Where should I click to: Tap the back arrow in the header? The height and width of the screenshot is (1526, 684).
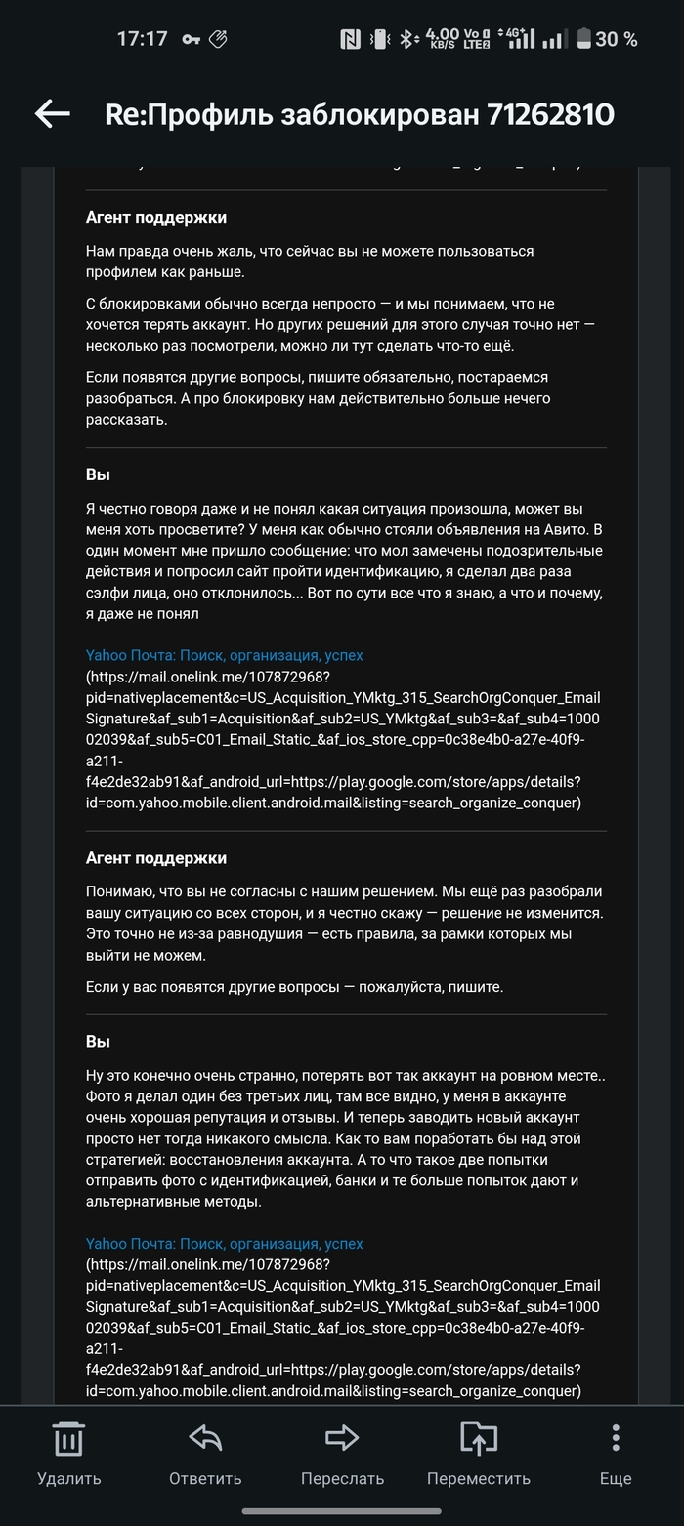point(53,114)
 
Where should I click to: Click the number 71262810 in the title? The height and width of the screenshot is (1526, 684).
point(550,115)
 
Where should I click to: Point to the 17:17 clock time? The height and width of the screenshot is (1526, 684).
point(143,39)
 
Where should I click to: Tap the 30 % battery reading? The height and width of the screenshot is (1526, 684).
point(617,39)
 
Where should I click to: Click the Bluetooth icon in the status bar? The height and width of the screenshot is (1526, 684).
point(407,39)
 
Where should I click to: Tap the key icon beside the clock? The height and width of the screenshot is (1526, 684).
point(189,39)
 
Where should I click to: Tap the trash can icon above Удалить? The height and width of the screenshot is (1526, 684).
point(68,1438)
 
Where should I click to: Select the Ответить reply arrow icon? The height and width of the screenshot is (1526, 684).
point(205,1438)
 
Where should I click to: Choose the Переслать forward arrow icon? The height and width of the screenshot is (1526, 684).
point(342,1438)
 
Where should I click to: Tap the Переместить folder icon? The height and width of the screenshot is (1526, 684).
point(479,1438)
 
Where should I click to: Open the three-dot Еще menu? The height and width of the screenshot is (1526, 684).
point(616,1438)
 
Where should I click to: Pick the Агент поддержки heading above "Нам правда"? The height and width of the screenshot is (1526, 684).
point(156,217)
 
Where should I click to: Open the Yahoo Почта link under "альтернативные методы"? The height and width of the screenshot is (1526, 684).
point(224,1244)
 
